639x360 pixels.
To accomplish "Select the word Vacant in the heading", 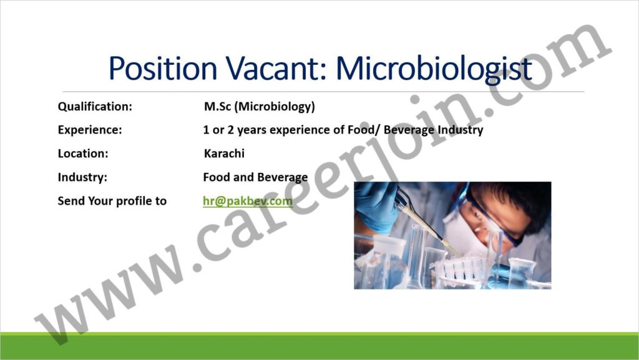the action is point(277,67).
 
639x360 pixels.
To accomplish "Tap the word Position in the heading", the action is point(163,67).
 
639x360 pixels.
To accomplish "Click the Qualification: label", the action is point(95,107).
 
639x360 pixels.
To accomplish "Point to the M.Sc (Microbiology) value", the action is point(260,107).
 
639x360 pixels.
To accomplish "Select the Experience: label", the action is point(90,130).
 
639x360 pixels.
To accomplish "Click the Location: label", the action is point(83,153).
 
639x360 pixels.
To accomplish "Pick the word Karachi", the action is point(224,153).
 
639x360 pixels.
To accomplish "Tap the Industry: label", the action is point(82,178).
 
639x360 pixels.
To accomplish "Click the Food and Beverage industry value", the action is point(255,178).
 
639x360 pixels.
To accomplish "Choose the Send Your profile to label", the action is point(112,201).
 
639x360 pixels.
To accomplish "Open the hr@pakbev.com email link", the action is point(248,201).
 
